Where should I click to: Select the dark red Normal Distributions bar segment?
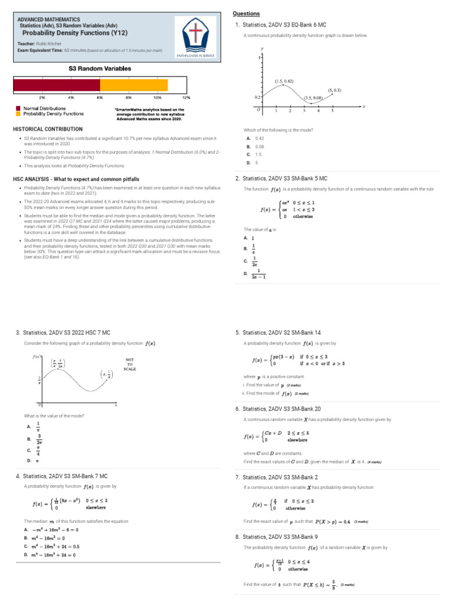[57, 85]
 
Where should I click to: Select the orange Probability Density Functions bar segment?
[134, 85]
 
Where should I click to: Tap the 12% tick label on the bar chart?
[186, 97]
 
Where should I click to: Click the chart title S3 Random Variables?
[100, 69]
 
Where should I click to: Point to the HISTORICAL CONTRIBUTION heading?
[48, 128]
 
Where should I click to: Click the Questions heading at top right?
[246, 14]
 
